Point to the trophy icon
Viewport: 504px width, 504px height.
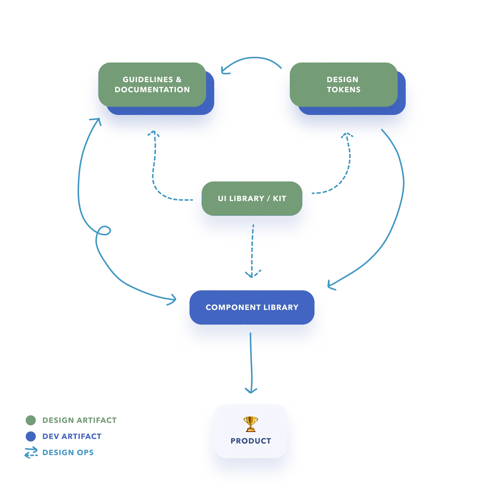[250, 424]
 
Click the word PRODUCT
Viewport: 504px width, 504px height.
[251, 441]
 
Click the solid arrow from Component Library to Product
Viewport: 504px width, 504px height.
[251, 365]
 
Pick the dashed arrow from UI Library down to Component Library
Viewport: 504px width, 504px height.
[252, 250]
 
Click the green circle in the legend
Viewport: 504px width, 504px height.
[30, 420]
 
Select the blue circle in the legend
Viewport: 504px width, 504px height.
[30, 436]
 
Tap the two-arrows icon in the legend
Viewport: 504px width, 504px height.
[31, 452]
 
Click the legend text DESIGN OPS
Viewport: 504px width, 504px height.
[68, 452]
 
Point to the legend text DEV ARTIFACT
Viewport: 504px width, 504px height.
[72, 436]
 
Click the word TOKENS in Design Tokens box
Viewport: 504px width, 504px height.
[343, 89]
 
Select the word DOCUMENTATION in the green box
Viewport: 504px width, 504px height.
[152, 89]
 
